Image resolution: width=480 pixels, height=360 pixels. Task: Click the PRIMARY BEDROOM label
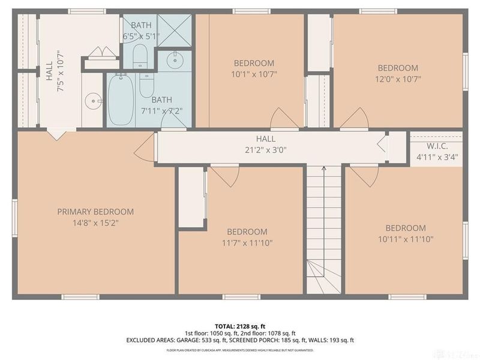[x=95, y=212]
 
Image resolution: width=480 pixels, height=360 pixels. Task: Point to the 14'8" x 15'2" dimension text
[x=95, y=223]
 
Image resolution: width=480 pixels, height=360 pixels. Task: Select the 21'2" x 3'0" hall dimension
[x=265, y=151]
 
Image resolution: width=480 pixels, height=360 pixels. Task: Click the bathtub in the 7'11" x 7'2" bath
[x=121, y=100]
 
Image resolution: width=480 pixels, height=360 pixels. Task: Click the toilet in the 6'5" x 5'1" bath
[x=140, y=56]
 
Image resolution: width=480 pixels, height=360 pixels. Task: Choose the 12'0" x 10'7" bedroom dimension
[x=398, y=79]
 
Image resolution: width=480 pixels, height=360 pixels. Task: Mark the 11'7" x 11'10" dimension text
[x=246, y=242]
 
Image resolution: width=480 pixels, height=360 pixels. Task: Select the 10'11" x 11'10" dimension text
[x=406, y=239]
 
